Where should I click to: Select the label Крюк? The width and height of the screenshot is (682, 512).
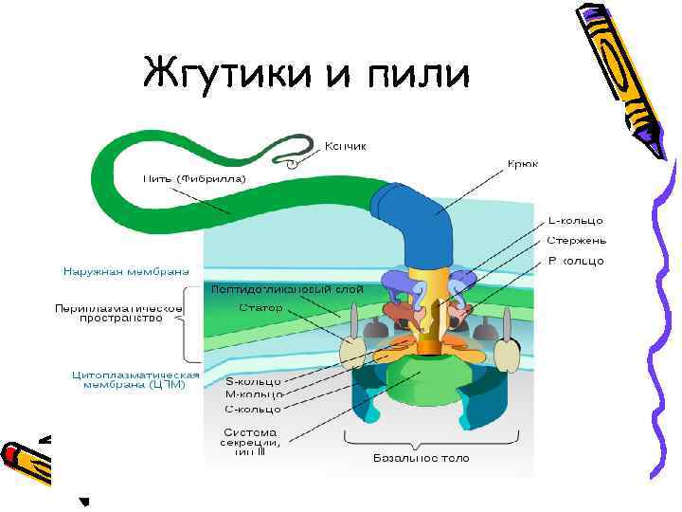pyautogui.click(x=522, y=164)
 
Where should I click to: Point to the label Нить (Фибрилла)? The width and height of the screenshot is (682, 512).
pyautogui.click(x=194, y=178)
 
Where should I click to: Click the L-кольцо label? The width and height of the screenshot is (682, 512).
pyautogui.click(x=576, y=220)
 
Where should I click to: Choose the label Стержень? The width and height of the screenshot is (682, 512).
pyautogui.click(x=575, y=240)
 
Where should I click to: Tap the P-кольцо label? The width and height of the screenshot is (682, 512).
pyautogui.click(x=575, y=261)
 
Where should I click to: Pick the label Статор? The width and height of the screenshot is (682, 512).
pyautogui.click(x=259, y=308)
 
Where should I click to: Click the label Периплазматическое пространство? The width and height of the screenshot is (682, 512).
pyautogui.click(x=118, y=314)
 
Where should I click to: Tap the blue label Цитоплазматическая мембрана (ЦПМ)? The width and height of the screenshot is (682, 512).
pyautogui.click(x=135, y=378)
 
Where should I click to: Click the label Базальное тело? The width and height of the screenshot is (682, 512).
pyautogui.click(x=419, y=458)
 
